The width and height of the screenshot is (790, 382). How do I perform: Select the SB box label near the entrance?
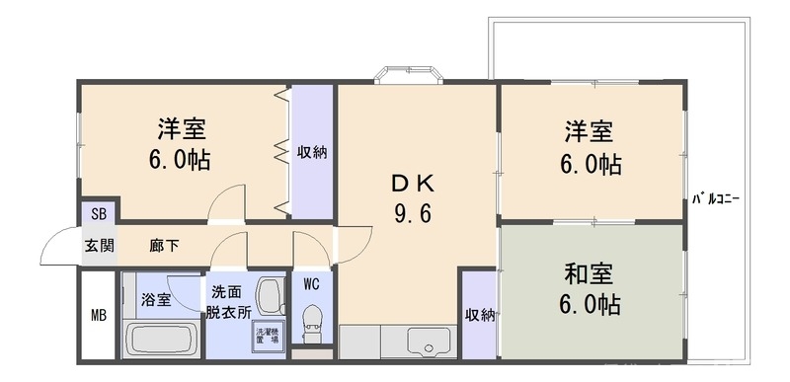99,213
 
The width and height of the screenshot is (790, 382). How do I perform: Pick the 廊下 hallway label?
164,246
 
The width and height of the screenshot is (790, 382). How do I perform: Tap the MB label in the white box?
99,316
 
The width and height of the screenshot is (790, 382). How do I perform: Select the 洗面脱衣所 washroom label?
229,301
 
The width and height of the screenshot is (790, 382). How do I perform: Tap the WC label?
311,285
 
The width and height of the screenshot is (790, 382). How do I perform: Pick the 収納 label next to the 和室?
479,315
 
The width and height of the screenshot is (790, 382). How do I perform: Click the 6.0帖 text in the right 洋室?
592,164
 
